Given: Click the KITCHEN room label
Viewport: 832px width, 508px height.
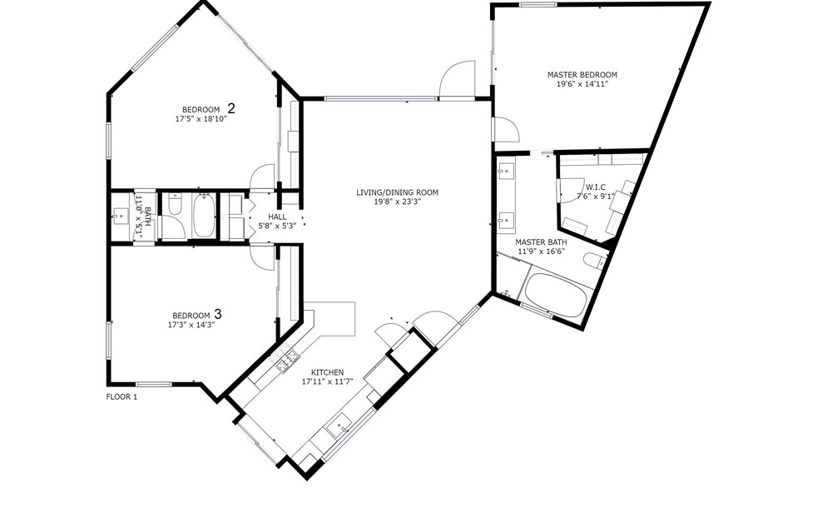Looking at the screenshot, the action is click(327, 372).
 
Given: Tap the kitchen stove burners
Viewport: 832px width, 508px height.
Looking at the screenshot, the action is click(286, 360).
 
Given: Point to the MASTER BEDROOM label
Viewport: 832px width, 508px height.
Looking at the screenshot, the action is click(582, 75).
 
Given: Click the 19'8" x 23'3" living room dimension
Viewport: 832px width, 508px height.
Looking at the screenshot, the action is click(397, 202).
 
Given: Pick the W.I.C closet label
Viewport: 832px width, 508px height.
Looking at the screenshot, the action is click(596, 187).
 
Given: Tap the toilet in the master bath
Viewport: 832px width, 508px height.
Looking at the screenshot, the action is click(595, 261).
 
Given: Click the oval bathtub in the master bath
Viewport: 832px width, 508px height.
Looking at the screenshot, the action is click(556, 296).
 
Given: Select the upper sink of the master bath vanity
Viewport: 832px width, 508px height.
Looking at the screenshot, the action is click(506, 172).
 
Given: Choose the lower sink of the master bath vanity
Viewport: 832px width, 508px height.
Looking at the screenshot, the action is click(506, 219).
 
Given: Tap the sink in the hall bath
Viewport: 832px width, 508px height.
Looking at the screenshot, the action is click(120, 217).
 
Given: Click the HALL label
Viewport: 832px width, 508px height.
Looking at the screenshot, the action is click(277, 217).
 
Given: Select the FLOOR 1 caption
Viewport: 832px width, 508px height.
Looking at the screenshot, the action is click(122, 397).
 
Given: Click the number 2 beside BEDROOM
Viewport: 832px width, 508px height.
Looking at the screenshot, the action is click(230, 108).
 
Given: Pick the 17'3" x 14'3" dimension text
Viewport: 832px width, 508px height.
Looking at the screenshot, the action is click(191, 324).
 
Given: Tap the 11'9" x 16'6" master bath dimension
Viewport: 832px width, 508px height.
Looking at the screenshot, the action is click(541, 252).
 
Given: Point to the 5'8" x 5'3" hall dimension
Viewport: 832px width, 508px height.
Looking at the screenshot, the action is click(277, 226).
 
